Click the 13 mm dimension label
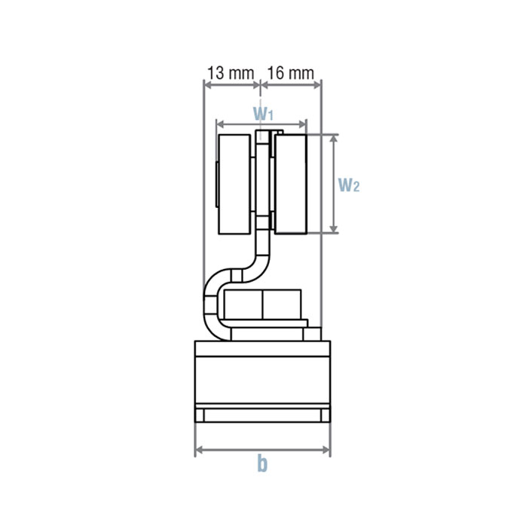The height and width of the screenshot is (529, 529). click(x=230, y=73)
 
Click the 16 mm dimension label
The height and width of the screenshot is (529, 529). click(x=290, y=73)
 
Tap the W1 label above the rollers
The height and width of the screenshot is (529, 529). click(x=263, y=114)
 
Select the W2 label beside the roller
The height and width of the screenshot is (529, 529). click(x=349, y=185)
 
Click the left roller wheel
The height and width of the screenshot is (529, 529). click(x=234, y=184)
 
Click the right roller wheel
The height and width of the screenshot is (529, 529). click(x=291, y=184)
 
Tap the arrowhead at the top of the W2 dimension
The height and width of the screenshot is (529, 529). click(x=333, y=139)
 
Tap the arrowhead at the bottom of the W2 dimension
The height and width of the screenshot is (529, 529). click(x=333, y=228)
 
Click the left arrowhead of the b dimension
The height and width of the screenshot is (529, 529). click(x=200, y=450)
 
